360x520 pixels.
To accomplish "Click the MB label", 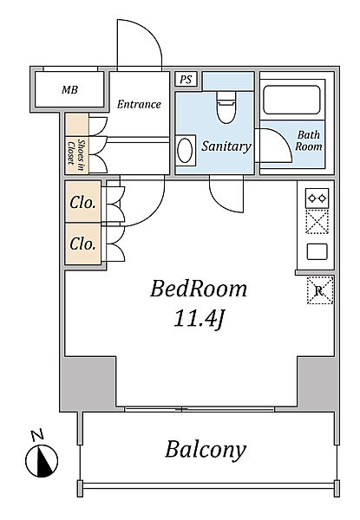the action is (x=69, y=89).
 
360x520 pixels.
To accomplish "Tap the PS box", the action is (x=186, y=80).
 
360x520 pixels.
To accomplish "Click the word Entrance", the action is (x=139, y=105).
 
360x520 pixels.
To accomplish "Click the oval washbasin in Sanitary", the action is (x=185, y=150).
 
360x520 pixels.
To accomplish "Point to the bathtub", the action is (x=292, y=100).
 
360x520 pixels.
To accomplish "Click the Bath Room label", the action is (x=309, y=140).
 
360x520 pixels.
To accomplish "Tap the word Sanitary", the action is (x=226, y=146).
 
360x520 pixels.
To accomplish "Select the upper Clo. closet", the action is (x=83, y=202).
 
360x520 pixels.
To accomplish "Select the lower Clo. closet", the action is (x=83, y=244).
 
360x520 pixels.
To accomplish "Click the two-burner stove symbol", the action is (x=317, y=198).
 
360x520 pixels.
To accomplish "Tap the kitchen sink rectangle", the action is (x=317, y=251).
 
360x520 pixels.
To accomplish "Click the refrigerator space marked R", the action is (x=319, y=290).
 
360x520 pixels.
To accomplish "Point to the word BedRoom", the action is (x=199, y=289).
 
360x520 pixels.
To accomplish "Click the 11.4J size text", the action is (x=199, y=319).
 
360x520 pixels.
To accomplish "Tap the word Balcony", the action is (x=206, y=450).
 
